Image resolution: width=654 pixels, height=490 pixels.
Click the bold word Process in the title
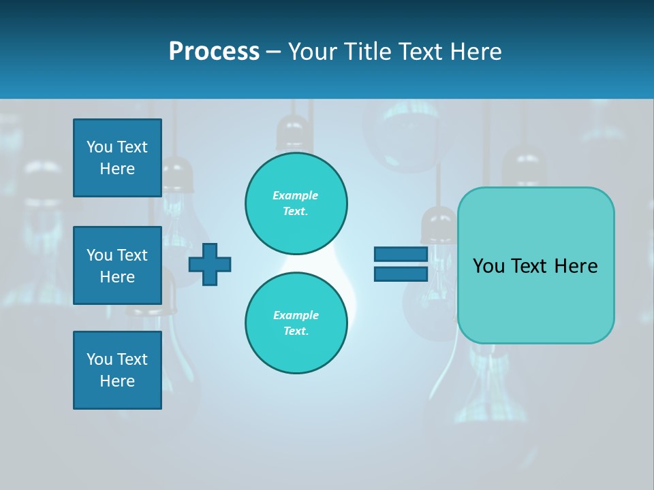pos(214,52)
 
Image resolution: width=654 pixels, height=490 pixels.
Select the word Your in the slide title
pos(313,52)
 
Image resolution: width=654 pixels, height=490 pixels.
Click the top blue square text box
pos(117,158)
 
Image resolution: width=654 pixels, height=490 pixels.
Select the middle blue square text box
pos(117,265)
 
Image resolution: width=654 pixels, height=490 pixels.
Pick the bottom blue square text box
pos(117,370)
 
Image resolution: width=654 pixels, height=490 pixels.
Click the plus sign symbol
pos(210,264)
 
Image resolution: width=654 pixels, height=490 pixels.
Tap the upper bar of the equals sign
pos(401,255)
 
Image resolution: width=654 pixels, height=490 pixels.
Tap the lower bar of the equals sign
pos(401,274)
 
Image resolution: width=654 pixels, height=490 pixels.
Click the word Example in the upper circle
pos(295,195)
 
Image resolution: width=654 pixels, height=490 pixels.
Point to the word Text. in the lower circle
pos(296,331)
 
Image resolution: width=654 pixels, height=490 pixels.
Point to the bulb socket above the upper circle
pos(294,133)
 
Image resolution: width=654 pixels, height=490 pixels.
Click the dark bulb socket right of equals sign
pos(439,225)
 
